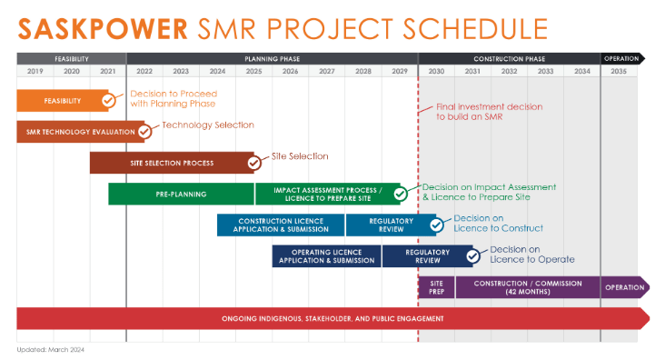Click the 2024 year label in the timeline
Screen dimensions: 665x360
tap(217, 71)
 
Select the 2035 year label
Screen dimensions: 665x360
tap(619, 71)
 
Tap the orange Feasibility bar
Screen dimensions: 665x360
tap(63, 101)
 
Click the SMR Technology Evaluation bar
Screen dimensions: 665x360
tap(81, 132)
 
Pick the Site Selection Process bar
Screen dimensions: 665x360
tap(172, 163)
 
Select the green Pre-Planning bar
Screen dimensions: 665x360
tap(181, 194)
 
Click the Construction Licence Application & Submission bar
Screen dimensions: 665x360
tap(281, 225)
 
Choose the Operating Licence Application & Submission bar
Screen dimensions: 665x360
tap(326, 256)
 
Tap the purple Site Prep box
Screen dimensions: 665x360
tap(436, 287)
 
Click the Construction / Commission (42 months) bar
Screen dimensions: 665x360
tap(528, 287)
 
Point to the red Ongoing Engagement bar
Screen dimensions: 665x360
tap(332, 318)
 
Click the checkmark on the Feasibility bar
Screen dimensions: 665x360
tap(109, 101)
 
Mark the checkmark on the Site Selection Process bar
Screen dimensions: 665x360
tap(254, 163)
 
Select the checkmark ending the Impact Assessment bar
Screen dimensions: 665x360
tap(400, 194)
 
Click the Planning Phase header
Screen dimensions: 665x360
tap(273, 58)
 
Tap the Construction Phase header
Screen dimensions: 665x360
tap(510, 58)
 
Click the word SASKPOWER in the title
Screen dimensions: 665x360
tap(103, 29)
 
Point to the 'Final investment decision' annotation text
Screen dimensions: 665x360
tap(490, 112)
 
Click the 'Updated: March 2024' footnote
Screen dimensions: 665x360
tap(51, 350)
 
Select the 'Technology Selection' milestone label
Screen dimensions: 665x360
tap(208, 125)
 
